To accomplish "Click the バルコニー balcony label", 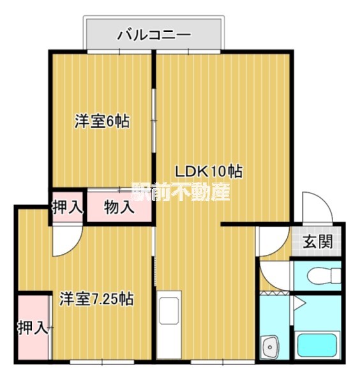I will click(154, 34).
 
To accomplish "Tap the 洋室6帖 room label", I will click(102, 121).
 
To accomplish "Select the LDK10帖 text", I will click(209, 171).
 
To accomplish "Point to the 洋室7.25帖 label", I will click(96, 298).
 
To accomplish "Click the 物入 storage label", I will click(119, 207).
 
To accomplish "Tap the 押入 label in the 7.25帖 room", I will click(32, 328).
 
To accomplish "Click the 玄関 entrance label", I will click(317, 242).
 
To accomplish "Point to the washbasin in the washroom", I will click(271, 348).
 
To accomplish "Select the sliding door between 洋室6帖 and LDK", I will click(153, 118).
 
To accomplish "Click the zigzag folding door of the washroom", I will click(275, 292).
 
